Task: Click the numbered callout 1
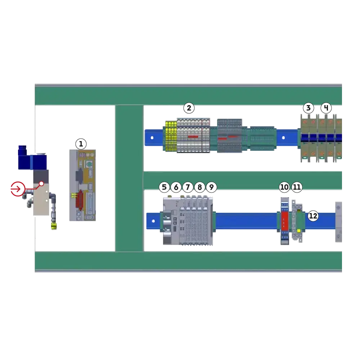tap(81, 144)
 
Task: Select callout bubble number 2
tap(189, 108)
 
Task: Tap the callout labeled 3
tap(308, 108)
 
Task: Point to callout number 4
tap(326, 108)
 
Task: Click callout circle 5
tap(164, 187)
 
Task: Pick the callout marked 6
tap(176, 187)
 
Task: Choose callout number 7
tap(188, 187)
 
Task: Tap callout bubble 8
tap(199, 187)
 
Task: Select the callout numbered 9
tap(211, 187)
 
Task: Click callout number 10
tap(284, 187)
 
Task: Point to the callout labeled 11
tap(297, 187)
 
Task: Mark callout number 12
tap(313, 216)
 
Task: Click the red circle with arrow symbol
tap(17, 189)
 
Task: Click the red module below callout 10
tap(284, 221)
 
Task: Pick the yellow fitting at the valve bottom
tap(54, 226)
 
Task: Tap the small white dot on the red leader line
tap(41, 184)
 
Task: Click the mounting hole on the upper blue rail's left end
tap(152, 138)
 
